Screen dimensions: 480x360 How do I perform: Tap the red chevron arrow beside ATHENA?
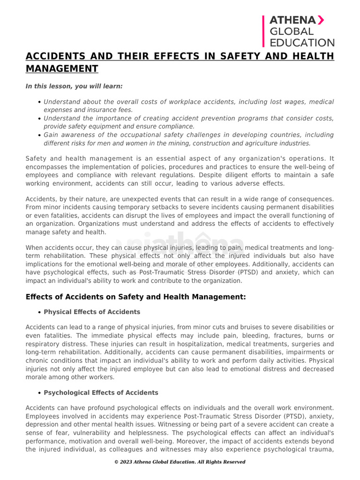click(x=321, y=20)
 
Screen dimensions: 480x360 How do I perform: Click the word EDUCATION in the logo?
click(x=302, y=43)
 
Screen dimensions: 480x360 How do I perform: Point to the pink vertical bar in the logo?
click(x=263, y=31)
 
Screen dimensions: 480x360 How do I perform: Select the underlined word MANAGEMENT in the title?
click(x=62, y=69)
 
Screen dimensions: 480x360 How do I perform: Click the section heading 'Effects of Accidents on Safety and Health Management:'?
click(x=135, y=297)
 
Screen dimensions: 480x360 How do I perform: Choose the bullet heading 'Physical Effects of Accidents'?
click(x=92, y=312)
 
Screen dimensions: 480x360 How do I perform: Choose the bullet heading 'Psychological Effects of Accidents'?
click(x=101, y=392)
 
